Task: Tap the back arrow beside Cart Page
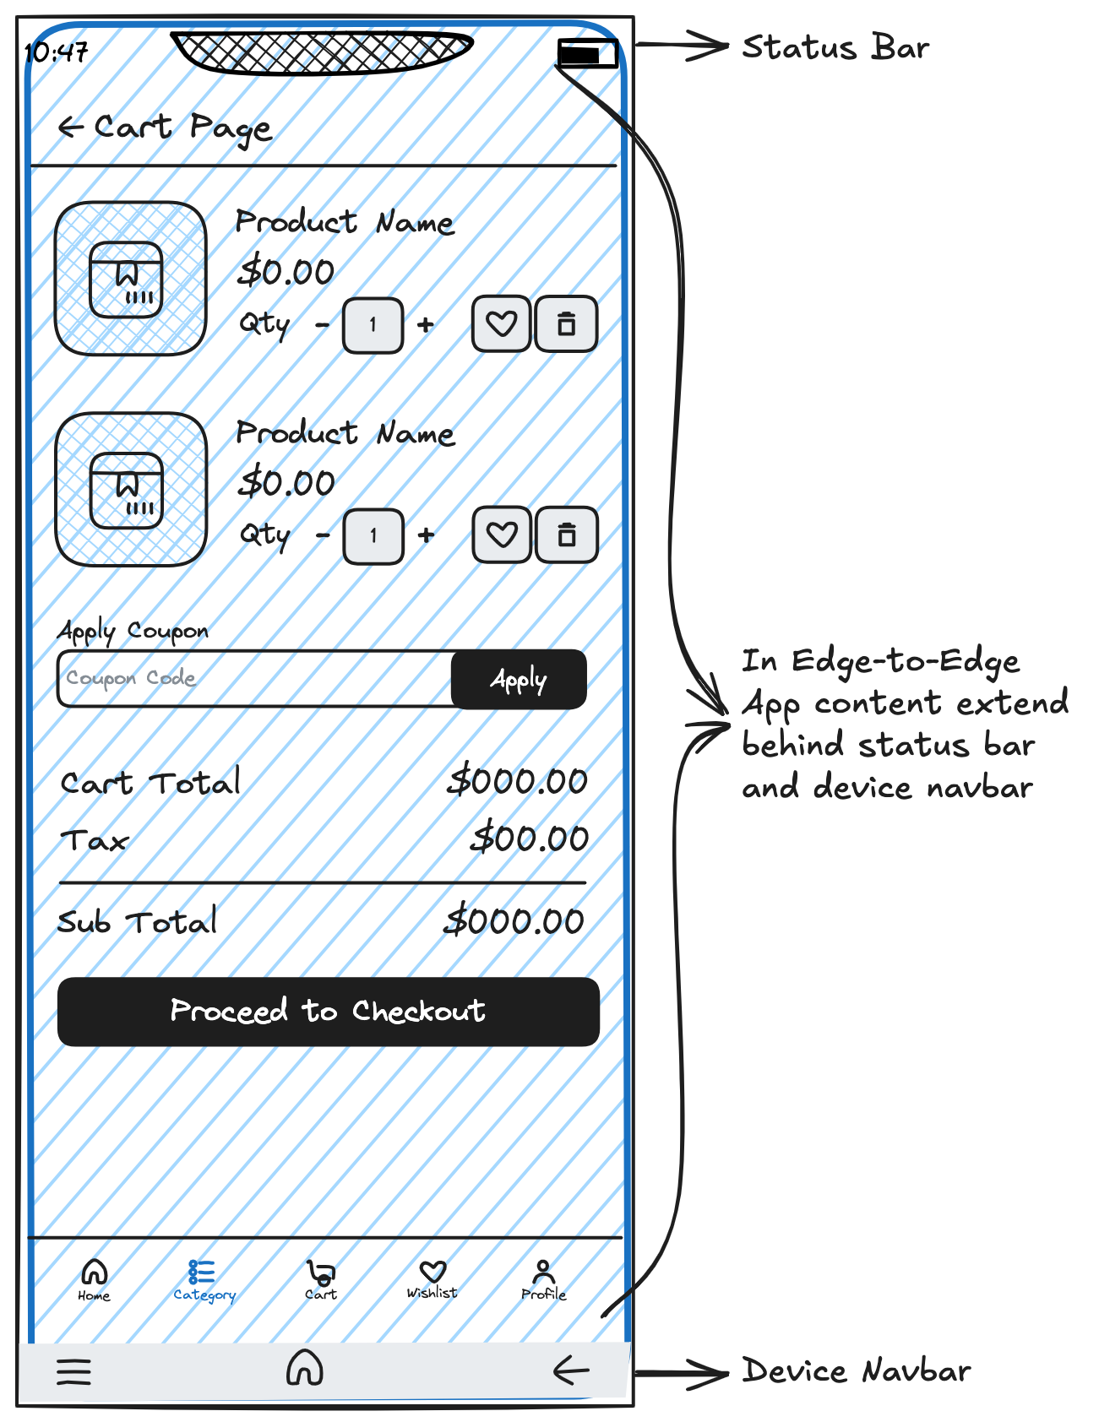point(71,128)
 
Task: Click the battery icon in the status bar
point(587,54)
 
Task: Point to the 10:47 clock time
point(57,53)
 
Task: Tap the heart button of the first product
point(502,323)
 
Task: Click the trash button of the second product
point(568,535)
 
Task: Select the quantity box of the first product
point(373,324)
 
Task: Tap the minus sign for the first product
point(322,324)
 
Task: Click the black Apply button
point(519,679)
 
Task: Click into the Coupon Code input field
point(253,678)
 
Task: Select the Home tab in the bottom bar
point(94,1278)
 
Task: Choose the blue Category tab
point(204,1279)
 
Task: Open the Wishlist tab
point(433,1278)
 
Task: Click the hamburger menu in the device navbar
point(73,1370)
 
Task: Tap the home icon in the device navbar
point(305,1368)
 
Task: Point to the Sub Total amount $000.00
point(514,921)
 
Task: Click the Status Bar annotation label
point(835,48)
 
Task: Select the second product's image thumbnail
point(130,489)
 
